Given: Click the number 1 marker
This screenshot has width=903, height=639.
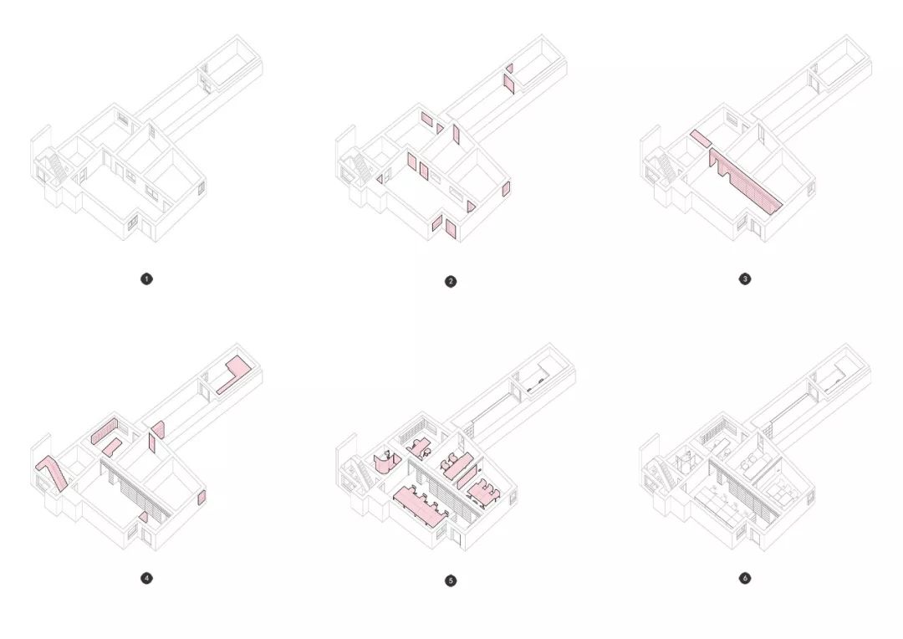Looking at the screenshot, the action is tap(146, 279).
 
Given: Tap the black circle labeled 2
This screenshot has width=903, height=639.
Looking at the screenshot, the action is tap(451, 281).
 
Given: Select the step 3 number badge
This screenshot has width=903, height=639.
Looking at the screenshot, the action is tap(745, 279).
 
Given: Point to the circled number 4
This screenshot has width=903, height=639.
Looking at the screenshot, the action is tap(146, 578).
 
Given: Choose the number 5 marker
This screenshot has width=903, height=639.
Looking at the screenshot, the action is tap(451, 580).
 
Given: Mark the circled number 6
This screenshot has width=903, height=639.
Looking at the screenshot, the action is tap(745, 578).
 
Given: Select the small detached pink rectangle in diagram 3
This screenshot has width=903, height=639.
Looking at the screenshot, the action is tap(701, 138).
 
